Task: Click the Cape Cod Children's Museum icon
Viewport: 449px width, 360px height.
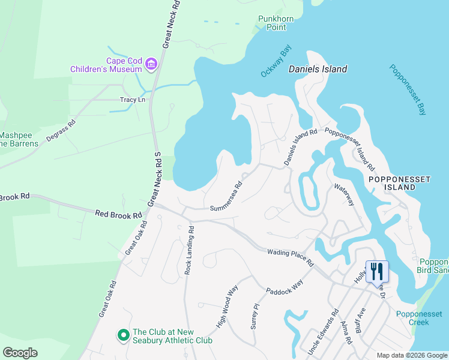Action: pos(151,64)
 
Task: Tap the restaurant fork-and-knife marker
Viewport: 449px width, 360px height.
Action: pos(377,271)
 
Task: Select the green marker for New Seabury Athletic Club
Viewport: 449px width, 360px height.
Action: pos(123,335)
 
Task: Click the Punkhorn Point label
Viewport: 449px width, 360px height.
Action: pos(276,23)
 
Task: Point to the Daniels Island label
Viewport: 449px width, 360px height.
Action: pos(318,69)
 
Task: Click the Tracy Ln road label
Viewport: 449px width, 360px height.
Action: pos(133,100)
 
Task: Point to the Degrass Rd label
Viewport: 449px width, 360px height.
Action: pos(63,131)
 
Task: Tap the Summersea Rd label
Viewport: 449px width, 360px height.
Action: pos(226,196)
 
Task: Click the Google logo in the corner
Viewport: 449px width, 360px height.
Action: pos(20,353)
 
